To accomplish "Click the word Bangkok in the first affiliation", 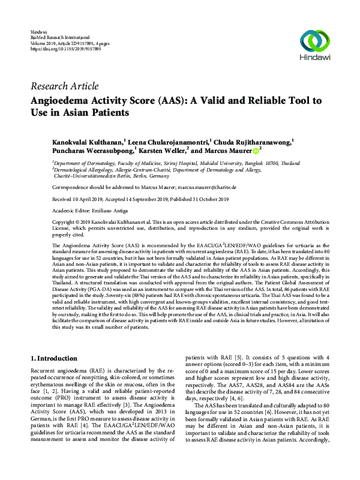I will tap(246, 162).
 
